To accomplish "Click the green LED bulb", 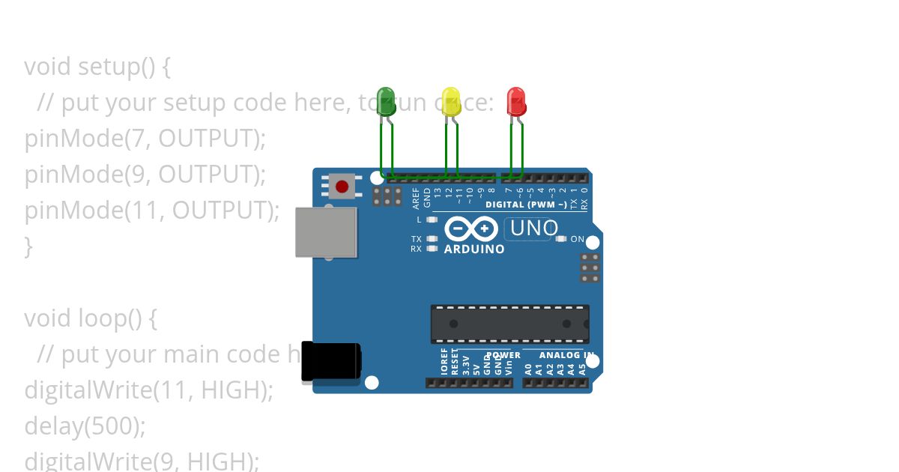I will [386, 102].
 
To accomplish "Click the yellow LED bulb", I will [450, 102].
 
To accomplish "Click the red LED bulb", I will [516, 102].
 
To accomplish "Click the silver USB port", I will [326, 232].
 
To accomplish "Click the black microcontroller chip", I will [509, 324].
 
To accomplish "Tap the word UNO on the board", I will [533, 228].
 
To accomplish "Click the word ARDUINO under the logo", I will [474, 249].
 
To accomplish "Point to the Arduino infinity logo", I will [470, 228].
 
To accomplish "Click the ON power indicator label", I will [577, 239].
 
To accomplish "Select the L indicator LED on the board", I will [432, 220].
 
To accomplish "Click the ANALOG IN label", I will [566, 355].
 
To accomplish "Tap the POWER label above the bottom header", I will [503, 355].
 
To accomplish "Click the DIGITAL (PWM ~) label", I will [526, 205].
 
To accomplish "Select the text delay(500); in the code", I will [85, 426].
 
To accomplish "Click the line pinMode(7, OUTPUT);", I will [145, 139].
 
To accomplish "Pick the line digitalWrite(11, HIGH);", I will [149, 390].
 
